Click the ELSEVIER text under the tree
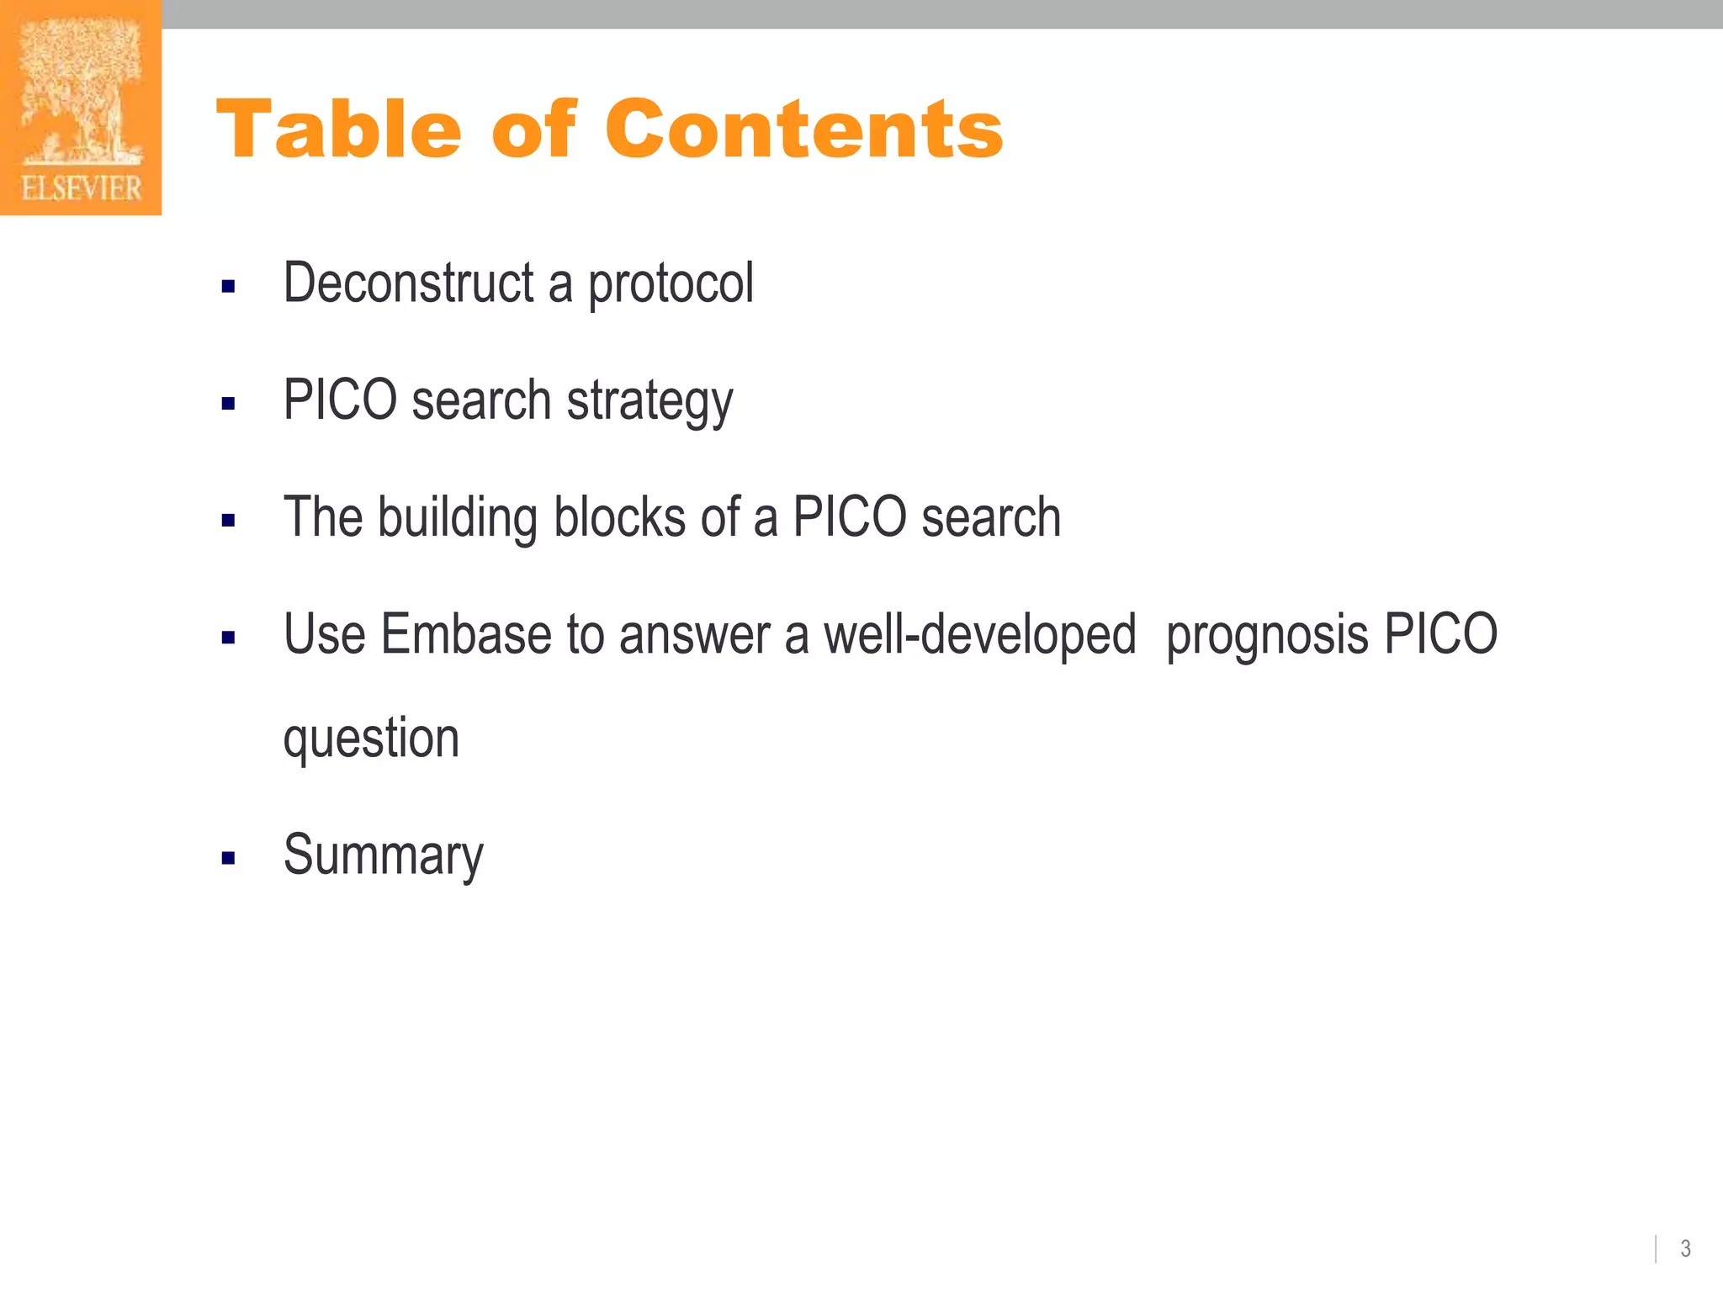81,188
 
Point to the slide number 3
1685,1248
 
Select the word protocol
671,284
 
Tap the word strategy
649,401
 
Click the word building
458,517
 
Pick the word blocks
619,517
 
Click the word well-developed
979,634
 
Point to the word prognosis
1267,636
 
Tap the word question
371,739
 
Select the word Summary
384,855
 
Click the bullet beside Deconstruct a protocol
228,287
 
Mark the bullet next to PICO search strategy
228,404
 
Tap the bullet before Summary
228,859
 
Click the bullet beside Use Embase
228,638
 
